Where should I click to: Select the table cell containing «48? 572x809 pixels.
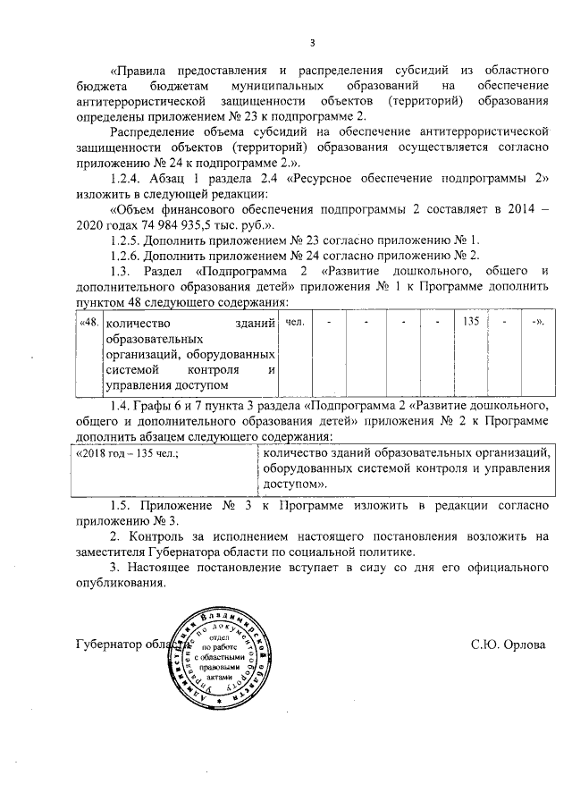click(x=88, y=322)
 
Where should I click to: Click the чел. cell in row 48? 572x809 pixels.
click(x=294, y=322)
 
